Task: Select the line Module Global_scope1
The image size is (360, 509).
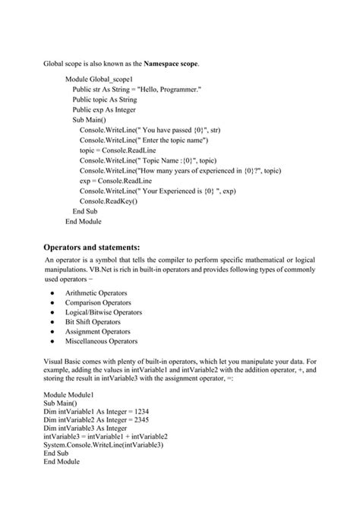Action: [99, 79]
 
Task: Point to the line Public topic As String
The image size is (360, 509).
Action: [105, 100]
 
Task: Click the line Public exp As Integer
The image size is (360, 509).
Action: [104, 109]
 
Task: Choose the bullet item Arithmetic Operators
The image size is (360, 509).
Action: [96, 292]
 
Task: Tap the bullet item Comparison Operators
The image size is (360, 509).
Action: [98, 302]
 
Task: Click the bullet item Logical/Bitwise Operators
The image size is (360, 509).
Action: [103, 312]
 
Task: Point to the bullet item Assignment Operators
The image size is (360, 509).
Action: [97, 332]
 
